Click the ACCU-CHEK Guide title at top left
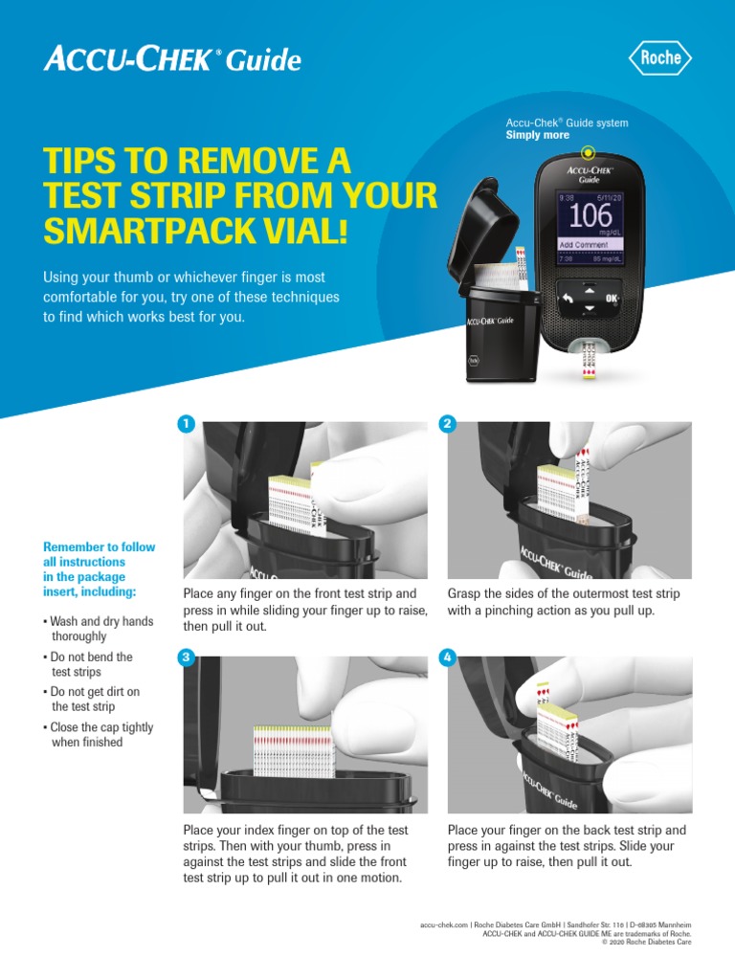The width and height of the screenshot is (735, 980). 172,60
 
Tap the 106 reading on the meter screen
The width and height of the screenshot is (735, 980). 590,215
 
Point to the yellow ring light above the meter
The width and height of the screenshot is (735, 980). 588,151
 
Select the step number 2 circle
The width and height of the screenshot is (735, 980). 448,424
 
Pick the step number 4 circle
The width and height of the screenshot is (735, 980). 448,657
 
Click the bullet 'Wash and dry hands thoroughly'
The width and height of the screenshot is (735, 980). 100,629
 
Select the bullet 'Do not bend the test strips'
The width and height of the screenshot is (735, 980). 91,664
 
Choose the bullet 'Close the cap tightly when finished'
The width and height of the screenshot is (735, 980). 100,735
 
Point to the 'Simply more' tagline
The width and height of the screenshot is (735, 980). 537,135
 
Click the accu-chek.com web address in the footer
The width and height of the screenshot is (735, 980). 444,925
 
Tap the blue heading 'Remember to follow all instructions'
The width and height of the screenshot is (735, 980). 99,569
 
